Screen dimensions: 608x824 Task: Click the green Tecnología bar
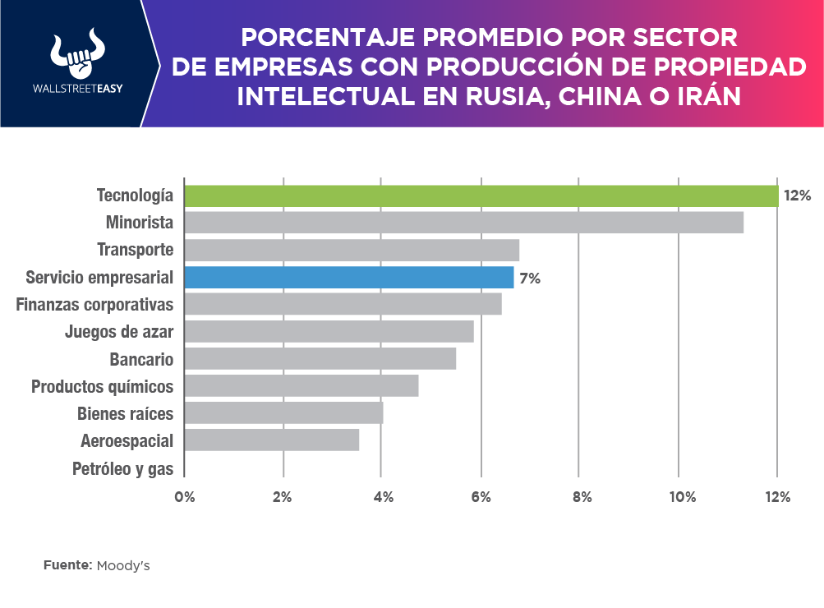(481, 196)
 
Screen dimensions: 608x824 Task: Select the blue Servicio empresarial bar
(349, 277)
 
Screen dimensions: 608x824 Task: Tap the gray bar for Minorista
(464, 223)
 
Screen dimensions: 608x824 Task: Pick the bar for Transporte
(352, 250)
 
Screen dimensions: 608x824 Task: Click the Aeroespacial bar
(272, 440)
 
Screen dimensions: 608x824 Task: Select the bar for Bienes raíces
(283, 412)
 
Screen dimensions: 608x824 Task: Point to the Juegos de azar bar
(329, 331)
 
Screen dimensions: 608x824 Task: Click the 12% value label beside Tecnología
(797, 196)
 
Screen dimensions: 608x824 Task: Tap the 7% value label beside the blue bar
(530, 278)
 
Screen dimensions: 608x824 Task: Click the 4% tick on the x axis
(382, 497)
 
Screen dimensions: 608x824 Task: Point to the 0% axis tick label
(184, 497)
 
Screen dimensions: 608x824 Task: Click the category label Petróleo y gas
(123, 469)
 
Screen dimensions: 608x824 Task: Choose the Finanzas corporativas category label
(95, 304)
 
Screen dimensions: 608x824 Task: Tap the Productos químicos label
(103, 385)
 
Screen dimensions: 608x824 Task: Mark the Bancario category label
(141, 359)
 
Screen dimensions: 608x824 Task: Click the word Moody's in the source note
(123, 566)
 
